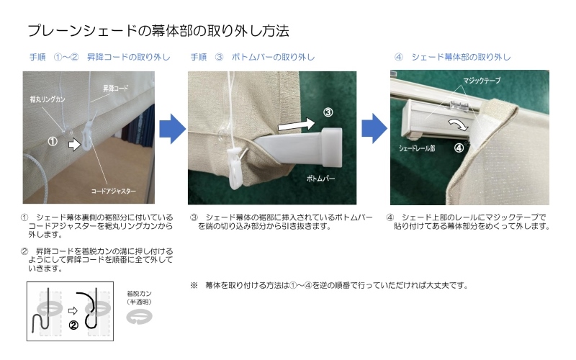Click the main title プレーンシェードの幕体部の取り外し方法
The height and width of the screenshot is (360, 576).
point(158,31)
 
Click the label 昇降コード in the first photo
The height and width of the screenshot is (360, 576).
point(115,88)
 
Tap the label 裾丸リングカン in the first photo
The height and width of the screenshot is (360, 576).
point(48,99)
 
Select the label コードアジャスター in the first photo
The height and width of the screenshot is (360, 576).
point(114,191)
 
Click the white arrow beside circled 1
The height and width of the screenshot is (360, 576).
point(74,144)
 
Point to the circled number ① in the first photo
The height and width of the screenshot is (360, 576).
point(53,142)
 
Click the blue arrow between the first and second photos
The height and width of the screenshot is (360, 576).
point(172,129)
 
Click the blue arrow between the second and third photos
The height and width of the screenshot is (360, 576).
point(374,128)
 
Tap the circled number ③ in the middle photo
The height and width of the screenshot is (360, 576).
point(328,112)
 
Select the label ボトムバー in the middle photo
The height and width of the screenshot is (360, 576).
point(320,179)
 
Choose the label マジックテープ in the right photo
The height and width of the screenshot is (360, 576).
point(482,81)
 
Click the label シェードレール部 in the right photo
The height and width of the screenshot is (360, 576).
point(417,148)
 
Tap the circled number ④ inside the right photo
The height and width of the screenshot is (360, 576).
point(459,148)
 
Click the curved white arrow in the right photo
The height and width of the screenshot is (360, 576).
point(458,124)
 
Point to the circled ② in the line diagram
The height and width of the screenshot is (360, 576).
point(73,325)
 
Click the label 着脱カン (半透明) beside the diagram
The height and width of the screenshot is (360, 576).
point(139,298)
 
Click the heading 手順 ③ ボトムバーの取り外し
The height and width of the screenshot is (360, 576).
point(253,57)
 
